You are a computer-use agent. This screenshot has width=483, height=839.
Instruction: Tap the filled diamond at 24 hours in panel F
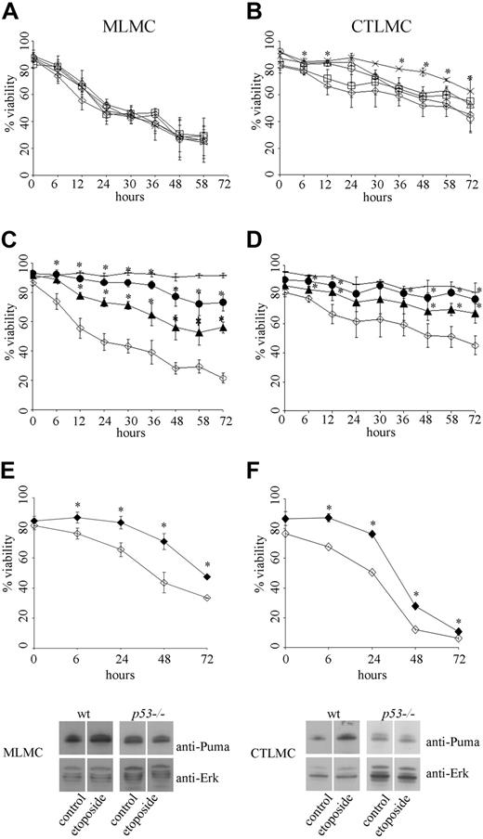tap(372, 535)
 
